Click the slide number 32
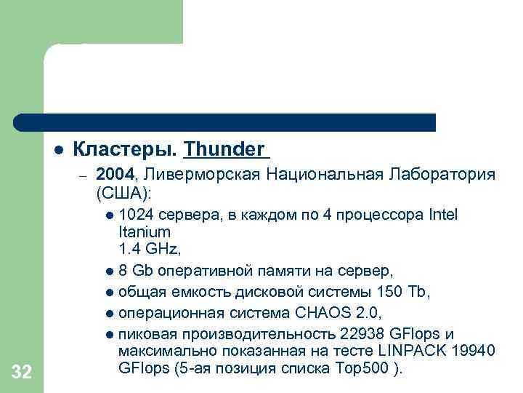click(22, 373)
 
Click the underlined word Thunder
click(224, 150)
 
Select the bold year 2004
click(115, 175)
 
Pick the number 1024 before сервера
click(133, 215)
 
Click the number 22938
click(362, 335)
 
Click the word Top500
click(364, 369)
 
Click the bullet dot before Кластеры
click(57, 150)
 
